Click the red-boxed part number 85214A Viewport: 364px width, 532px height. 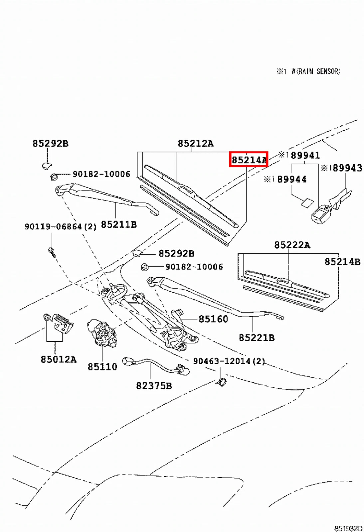point(249,160)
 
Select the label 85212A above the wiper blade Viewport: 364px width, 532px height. point(195,143)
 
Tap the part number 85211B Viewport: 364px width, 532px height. point(119,224)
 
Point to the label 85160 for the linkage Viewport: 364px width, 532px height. point(213,319)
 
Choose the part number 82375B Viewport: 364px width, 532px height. point(154,385)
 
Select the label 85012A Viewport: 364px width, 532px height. point(59,359)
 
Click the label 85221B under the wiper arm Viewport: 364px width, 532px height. point(257,337)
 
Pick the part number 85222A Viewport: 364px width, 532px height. point(292,245)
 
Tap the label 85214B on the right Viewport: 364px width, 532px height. point(342,262)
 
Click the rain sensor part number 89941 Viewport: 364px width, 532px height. point(305,155)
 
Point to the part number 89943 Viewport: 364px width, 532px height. point(347,168)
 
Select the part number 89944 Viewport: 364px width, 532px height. point(291,179)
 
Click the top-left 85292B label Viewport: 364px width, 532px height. point(50,143)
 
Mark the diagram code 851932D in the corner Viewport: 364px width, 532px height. point(348,528)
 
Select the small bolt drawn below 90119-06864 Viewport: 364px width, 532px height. point(52,252)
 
